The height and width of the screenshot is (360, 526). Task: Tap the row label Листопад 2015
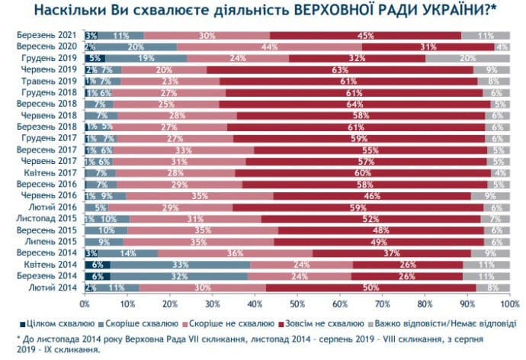pos(50,219)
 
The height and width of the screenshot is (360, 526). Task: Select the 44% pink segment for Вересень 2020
pos(268,47)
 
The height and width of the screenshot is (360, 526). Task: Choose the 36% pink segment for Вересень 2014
pos(236,253)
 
